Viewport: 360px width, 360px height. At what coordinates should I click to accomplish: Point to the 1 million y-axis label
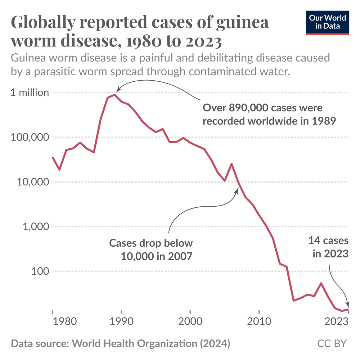(x=30, y=93)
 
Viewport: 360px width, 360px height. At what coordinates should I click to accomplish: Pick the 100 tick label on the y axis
(x=39, y=271)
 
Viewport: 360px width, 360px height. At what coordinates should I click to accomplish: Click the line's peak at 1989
(x=114, y=95)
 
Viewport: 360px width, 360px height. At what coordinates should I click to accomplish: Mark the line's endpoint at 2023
(x=348, y=309)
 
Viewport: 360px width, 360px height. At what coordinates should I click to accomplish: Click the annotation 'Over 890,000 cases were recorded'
(x=269, y=114)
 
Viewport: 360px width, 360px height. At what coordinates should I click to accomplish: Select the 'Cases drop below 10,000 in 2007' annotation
(x=151, y=250)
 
